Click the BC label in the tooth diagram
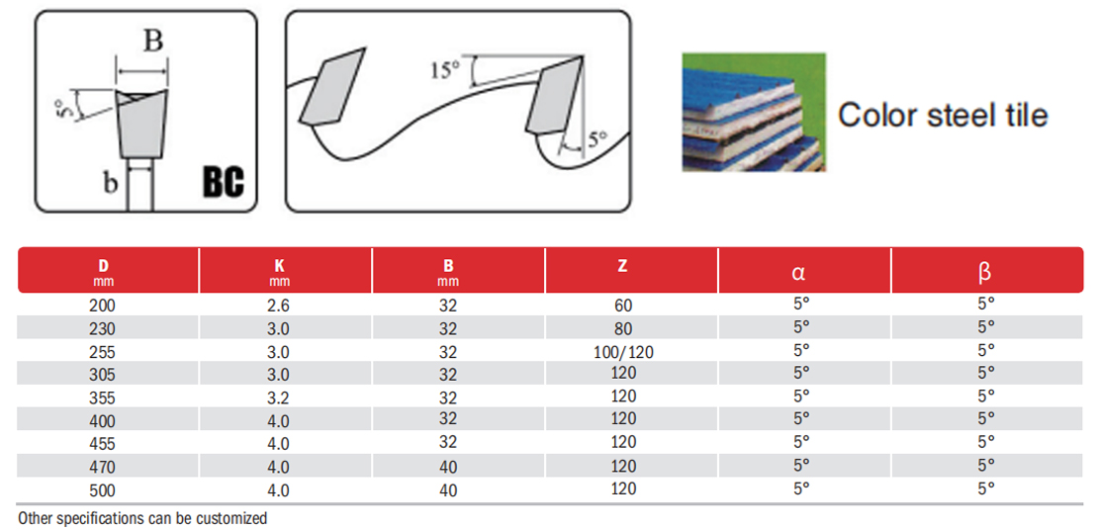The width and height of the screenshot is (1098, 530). pos(223,183)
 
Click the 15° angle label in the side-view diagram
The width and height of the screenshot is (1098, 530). pos(446,70)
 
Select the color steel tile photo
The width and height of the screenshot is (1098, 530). pos(754,112)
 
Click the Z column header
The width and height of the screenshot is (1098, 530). pos(622,265)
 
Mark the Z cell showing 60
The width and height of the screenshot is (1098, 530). pos(623,306)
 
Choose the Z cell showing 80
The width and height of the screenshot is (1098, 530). pos(623,329)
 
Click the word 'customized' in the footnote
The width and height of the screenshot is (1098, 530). pos(230,518)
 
